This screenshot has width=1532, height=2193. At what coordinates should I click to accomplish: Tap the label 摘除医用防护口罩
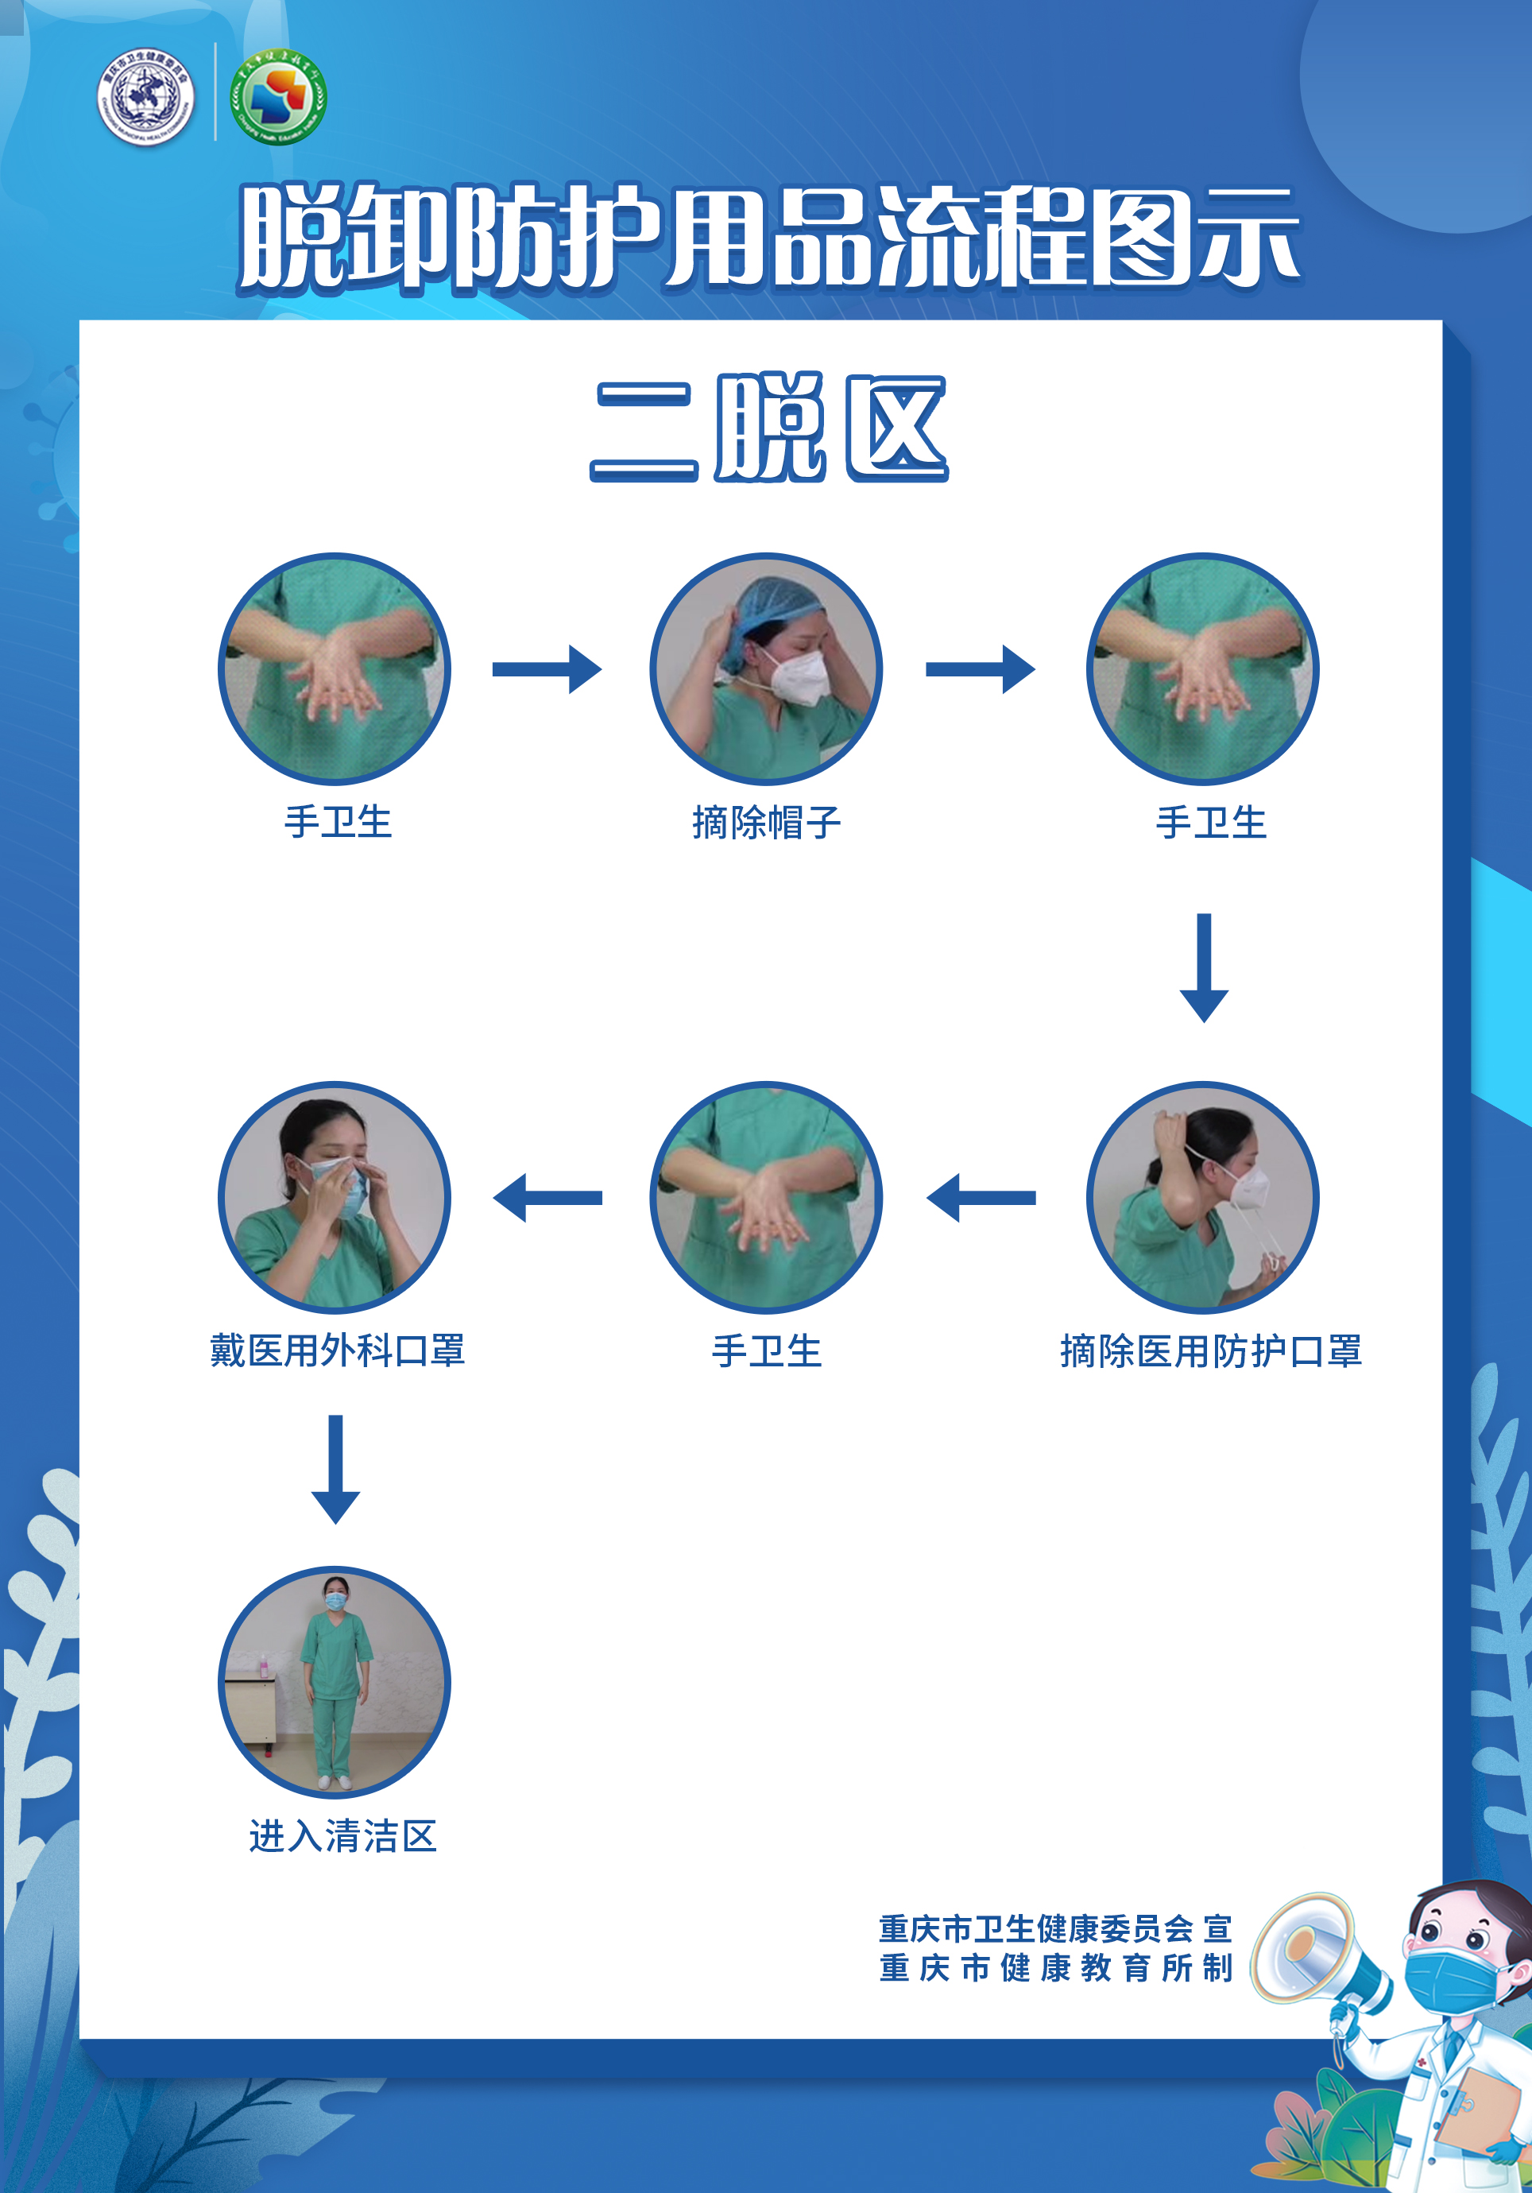point(1210,1350)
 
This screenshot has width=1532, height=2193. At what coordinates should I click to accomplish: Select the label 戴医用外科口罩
point(337,1350)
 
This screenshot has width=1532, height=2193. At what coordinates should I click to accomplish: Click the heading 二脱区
point(769,428)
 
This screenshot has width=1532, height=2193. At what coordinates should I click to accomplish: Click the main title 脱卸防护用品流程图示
point(769,236)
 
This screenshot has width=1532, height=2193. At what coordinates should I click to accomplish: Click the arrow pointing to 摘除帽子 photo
point(547,668)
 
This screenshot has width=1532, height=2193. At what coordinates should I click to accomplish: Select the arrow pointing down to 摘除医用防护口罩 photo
point(1204,967)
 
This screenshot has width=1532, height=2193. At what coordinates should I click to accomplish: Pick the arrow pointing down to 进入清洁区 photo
point(335,1469)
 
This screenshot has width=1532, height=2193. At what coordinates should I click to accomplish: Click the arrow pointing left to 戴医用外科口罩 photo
point(547,1198)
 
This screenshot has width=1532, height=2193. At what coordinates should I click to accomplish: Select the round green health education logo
point(279,96)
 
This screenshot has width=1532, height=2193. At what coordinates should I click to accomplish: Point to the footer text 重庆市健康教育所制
point(1055,1969)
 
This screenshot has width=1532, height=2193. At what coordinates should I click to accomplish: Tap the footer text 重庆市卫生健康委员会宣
point(1055,1928)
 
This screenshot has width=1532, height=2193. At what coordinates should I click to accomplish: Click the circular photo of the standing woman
point(335,1682)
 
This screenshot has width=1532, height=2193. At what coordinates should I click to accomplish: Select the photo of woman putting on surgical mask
point(335,1198)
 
